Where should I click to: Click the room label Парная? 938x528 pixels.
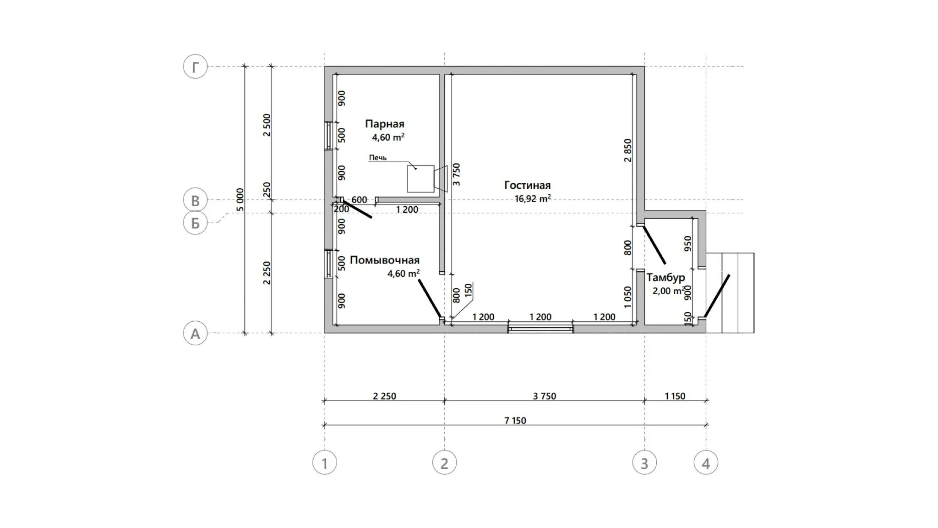(385, 124)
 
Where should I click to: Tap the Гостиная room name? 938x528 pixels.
(528, 185)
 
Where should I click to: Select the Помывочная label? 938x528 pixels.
(385, 260)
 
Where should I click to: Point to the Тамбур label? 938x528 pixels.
(666, 277)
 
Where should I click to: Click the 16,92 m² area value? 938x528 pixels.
(533, 199)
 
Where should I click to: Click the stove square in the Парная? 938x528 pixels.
(420, 179)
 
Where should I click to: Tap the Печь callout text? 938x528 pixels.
(378, 158)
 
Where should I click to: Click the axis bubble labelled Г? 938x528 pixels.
(196, 67)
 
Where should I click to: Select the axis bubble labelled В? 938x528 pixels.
(196, 200)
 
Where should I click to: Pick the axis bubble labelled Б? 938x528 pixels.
(196, 223)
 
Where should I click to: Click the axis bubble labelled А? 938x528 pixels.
(196, 333)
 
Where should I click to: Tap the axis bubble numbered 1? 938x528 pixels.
(325, 463)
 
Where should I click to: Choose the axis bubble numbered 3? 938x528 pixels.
(644, 463)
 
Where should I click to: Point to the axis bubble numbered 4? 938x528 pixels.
(706, 463)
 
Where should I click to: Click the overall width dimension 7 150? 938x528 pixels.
(515, 420)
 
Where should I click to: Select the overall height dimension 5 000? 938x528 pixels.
(240, 200)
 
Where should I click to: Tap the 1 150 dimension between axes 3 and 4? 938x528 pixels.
(675, 396)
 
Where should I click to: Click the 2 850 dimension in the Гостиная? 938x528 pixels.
(627, 150)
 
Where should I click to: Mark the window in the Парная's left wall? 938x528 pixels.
(328, 135)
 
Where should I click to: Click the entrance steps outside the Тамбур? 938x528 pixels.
(730, 293)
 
